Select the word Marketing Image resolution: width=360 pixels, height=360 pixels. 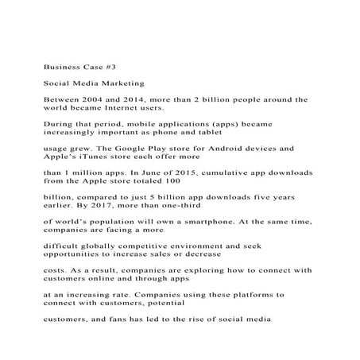(x=116, y=83)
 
